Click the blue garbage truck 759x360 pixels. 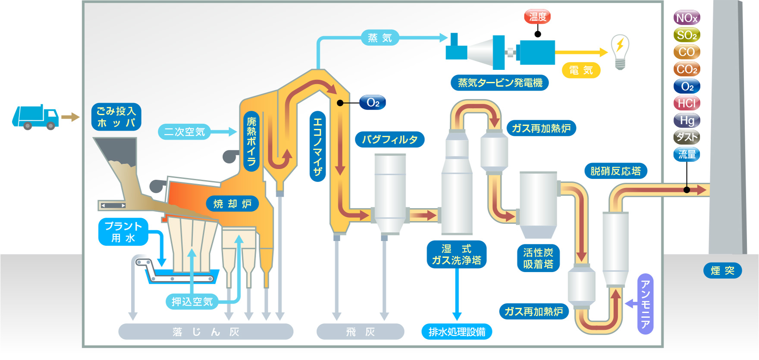click(x=35, y=116)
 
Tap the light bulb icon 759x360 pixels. click(x=620, y=51)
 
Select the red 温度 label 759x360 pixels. click(x=537, y=17)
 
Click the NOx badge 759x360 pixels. click(x=687, y=18)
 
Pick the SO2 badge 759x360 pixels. click(x=687, y=35)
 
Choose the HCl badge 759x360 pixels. click(x=687, y=103)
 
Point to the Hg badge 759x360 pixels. click(x=687, y=120)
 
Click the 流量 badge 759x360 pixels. click(x=687, y=154)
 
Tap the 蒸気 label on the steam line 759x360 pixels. click(x=379, y=38)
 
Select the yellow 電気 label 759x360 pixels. click(x=581, y=70)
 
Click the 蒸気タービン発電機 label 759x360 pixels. click(x=500, y=82)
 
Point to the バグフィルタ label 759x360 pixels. click(x=389, y=139)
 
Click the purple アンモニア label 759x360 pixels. click(x=645, y=304)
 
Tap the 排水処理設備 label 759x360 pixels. click(x=457, y=332)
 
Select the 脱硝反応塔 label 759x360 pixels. click(x=615, y=171)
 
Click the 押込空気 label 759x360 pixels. click(x=192, y=301)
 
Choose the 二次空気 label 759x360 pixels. click(x=184, y=131)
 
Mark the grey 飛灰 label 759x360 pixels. click(x=360, y=332)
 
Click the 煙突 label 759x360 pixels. click(x=722, y=270)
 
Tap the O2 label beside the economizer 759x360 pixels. click(x=373, y=103)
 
